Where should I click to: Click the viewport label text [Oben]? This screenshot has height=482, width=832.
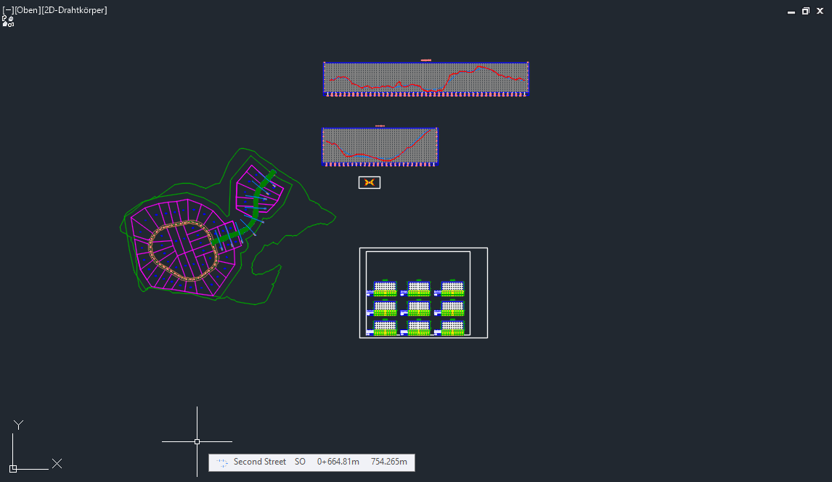pyautogui.click(x=28, y=10)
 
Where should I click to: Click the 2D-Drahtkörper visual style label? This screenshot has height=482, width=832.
pyautogui.click(x=75, y=10)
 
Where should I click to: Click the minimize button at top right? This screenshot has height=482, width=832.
pyautogui.click(x=791, y=12)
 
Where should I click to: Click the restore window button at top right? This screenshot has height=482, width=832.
pyautogui.click(x=805, y=11)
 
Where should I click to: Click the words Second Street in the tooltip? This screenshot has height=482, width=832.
pyautogui.click(x=259, y=462)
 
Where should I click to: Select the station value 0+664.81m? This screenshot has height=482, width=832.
pyautogui.click(x=338, y=462)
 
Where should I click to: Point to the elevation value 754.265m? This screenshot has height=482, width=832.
pyautogui.click(x=388, y=462)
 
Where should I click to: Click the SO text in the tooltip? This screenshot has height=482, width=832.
pyautogui.click(x=300, y=462)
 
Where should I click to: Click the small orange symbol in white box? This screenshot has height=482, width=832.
pyautogui.click(x=370, y=182)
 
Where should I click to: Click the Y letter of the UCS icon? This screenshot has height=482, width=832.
pyautogui.click(x=20, y=425)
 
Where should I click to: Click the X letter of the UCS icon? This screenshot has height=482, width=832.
pyautogui.click(x=57, y=463)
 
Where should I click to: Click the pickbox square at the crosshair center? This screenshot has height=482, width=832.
pyautogui.click(x=197, y=441)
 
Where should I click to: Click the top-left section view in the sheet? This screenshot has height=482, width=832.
pyautogui.click(x=386, y=288)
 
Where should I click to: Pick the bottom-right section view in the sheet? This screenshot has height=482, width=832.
pyautogui.click(x=452, y=328)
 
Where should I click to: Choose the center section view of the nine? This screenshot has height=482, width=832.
pyautogui.click(x=419, y=308)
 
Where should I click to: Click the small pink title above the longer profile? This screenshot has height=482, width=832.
pyautogui.click(x=426, y=60)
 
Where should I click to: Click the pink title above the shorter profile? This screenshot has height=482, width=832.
pyautogui.click(x=380, y=126)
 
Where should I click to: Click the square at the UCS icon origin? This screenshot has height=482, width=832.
pyautogui.click(x=13, y=468)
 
